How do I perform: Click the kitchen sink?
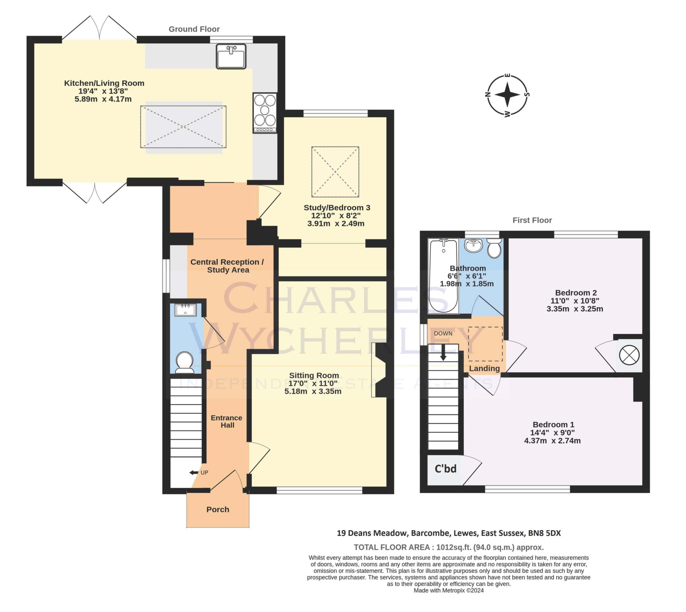click(x=231, y=56)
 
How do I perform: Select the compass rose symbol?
click(x=507, y=95)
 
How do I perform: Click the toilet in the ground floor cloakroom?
click(x=184, y=362)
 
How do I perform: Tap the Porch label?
click(x=218, y=510)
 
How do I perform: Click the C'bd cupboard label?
click(x=445, y=468)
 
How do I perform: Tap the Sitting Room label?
click(x=314, y=375)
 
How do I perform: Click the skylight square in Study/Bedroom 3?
click(x=335, y=172)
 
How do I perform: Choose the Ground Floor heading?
click(x=194, y=29)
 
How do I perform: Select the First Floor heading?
click(x=532, y=220)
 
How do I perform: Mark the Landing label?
click(x=484, y=369)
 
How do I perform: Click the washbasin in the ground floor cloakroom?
click(x=185, y=310)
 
